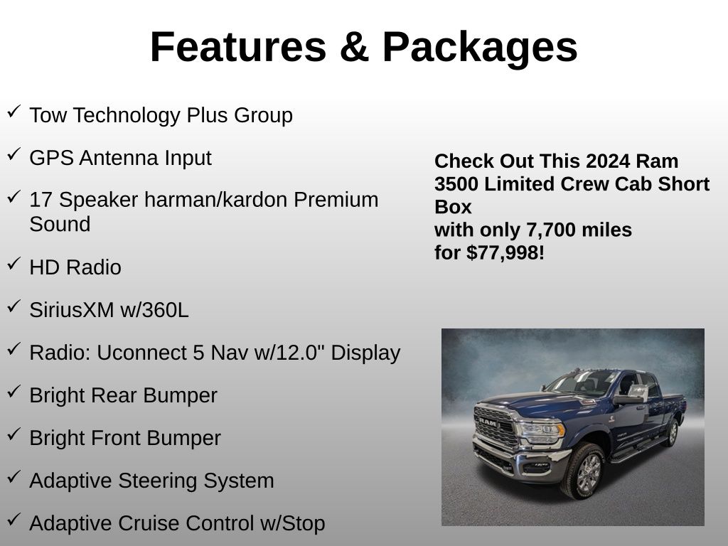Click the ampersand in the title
coord(354,46)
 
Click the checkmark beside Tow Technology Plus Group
coord(14,112)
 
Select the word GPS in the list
coord(51,158)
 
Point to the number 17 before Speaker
coord(41,200)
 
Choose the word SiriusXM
coord(72,310)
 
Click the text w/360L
coord(154,310)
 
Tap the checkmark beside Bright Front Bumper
coord(14,435)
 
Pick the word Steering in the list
coord(157,481)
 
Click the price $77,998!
coord(505,253)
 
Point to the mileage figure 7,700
coord(549,230)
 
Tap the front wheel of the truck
coord(584,471)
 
